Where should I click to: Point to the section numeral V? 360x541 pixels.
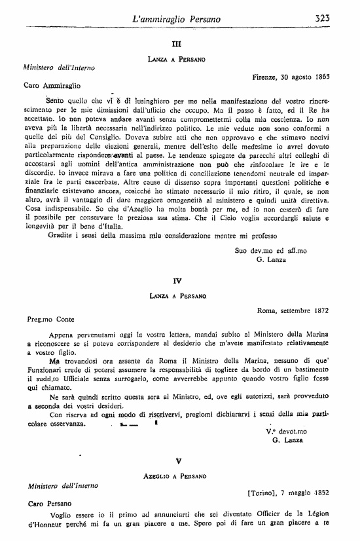tap(177, 460)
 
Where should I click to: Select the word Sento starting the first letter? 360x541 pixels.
tap(57, 101)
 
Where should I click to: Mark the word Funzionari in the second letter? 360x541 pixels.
tap(46, 369)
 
